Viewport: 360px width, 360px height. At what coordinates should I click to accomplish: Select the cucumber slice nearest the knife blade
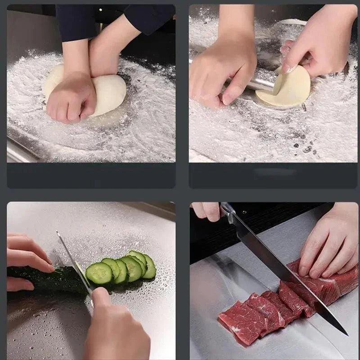coord(99,273)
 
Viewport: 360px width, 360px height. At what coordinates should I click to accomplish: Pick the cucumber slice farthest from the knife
coord(148,266)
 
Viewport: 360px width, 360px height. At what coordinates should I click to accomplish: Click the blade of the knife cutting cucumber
coord(72,261)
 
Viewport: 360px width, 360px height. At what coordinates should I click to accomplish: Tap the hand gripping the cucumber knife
coord(115,326)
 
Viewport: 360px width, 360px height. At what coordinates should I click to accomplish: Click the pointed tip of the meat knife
coord(346,333)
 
